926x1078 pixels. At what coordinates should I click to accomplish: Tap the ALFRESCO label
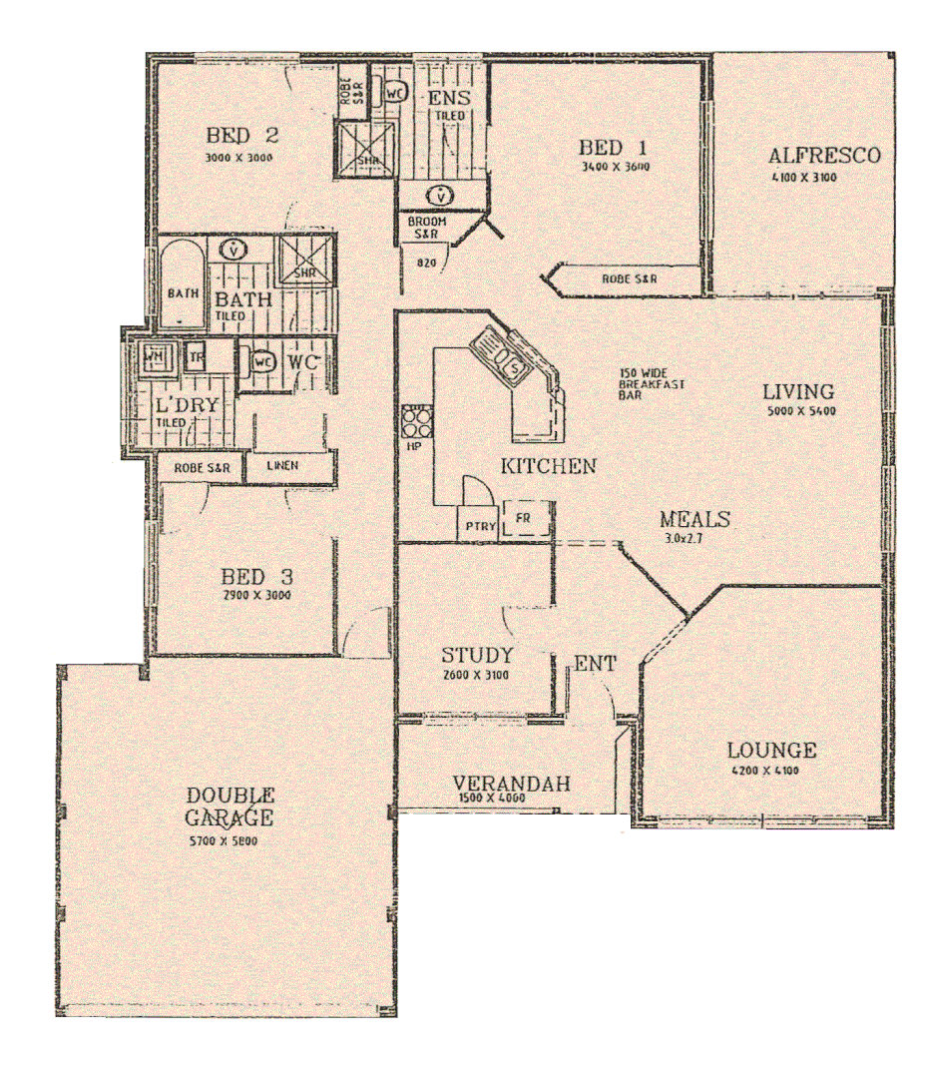click(x=823, y=156)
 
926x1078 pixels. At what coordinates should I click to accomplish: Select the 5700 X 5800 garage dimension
click(x=231, y=840)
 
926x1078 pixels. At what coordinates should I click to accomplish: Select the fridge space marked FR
click(x=522, y=519)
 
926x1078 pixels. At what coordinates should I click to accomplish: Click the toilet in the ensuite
click(x=395, y=89)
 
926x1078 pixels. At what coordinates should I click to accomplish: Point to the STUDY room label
click(x=477, y=656)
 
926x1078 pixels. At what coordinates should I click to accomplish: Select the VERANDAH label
click(x=511, y=784)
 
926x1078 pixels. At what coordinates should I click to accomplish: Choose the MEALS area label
click(x=695, y=520)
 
